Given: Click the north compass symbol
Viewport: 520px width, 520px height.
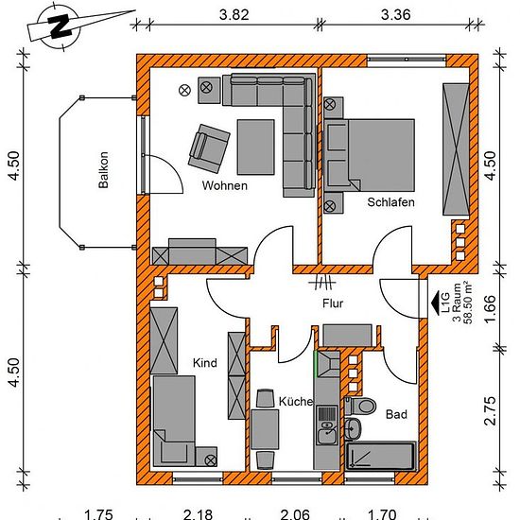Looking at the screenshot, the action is click(60, 26).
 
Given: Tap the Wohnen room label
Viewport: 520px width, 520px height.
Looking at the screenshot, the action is click(225, 185).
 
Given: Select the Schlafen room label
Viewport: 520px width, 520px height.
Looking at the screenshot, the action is click(390, 202).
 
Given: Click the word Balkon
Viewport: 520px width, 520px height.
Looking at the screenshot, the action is click(103, 170).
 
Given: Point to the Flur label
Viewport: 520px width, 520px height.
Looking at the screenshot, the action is click(333, 303).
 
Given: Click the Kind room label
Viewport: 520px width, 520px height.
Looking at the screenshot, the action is click(205, 363).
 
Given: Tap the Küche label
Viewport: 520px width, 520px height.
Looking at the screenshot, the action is click(296, 402).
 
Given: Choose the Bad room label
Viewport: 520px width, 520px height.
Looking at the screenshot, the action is click(396, 414).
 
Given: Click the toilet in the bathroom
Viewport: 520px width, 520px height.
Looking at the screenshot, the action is click(360, 406).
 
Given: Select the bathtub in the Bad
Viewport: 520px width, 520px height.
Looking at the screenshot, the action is click(380, 456).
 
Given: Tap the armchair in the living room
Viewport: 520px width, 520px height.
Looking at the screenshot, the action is click(209, 148).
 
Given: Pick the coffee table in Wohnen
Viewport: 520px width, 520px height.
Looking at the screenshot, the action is click(256, 147).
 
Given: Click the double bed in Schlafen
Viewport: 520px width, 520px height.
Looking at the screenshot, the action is click(370, 155).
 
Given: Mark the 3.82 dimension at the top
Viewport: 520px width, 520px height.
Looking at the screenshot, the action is click(234, 15).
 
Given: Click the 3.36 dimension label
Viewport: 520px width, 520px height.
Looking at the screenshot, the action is click(395, 15).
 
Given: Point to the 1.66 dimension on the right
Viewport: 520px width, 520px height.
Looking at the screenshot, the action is click(490, 309).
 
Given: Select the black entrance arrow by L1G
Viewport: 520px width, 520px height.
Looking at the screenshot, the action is click(436, 302).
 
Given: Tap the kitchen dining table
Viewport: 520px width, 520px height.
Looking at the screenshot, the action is click(265, 429).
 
